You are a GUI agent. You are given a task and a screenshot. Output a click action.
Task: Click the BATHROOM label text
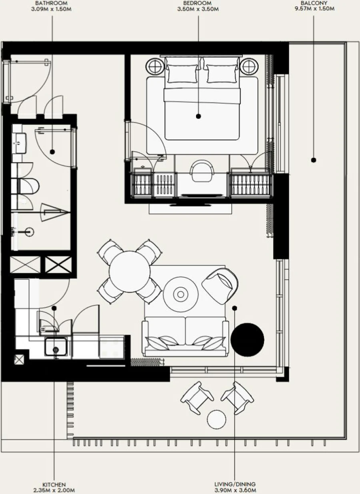[51, 3]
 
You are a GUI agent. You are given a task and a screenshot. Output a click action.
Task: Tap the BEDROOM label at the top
[198, 3]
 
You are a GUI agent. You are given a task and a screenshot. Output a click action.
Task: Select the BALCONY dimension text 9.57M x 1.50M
[314, 8]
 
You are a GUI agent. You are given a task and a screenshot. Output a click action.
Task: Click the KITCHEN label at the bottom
[54, 484]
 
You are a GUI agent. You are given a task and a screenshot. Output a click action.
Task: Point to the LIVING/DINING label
[235, 484]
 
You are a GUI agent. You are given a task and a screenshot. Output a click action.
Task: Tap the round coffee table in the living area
[180, 295]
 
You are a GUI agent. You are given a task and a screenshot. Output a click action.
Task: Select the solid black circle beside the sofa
[247, 339]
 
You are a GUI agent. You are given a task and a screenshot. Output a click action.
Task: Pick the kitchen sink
[56, 348]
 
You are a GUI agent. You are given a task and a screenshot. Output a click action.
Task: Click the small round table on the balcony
[217, 419]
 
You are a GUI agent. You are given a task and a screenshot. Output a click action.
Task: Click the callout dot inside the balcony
[314, 160]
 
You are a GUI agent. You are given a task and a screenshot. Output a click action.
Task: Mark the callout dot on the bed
[198, 116]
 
